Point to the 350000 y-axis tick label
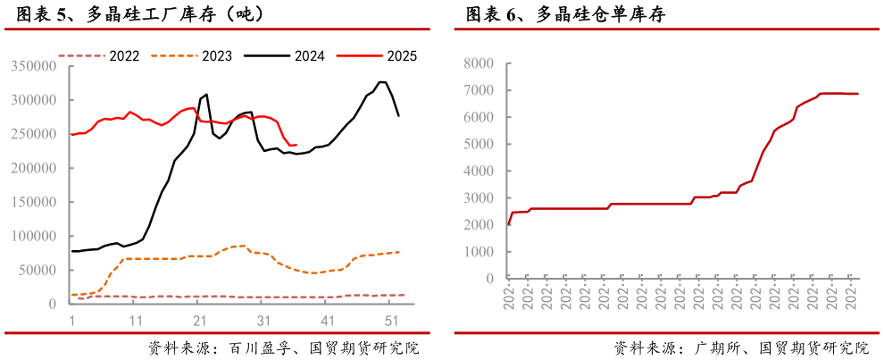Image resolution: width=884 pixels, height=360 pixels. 36,66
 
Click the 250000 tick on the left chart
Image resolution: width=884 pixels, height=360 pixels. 36,134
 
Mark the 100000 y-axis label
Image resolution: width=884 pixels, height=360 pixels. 36,236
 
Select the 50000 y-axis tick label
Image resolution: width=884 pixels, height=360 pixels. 39,270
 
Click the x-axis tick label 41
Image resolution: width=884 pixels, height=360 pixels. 327,320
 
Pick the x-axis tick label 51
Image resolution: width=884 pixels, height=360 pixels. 390,320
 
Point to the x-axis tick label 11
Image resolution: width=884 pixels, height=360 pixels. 135,320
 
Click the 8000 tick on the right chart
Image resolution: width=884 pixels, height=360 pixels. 480,63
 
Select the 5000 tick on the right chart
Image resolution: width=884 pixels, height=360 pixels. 480,144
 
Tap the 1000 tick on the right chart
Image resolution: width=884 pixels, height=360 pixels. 480,252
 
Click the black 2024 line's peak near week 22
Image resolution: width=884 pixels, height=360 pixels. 207,94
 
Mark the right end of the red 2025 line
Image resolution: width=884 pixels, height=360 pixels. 296,145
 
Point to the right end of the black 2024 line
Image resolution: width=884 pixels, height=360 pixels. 398,116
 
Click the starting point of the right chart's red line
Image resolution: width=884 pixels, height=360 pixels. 509,224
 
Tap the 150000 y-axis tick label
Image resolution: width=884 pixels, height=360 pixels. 36,202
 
